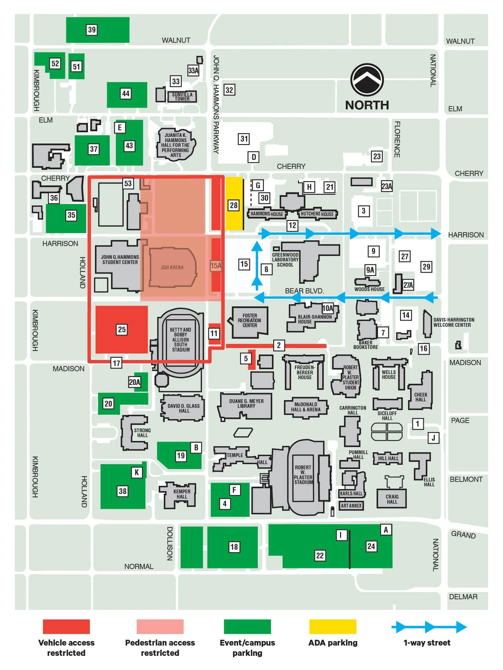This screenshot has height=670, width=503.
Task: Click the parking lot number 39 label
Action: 92,30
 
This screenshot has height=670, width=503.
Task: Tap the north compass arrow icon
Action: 367,80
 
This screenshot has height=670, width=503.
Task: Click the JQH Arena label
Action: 172,267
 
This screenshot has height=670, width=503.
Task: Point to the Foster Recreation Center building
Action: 249,322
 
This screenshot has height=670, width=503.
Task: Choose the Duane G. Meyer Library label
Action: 246,404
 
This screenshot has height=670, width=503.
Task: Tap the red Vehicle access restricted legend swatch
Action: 66,627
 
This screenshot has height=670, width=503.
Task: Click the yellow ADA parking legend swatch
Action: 333,627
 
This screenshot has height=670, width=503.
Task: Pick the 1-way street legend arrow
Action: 429,627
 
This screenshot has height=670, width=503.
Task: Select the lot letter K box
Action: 137,472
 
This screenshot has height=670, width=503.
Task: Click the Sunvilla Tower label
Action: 182,96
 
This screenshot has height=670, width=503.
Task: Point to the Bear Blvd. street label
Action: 304,291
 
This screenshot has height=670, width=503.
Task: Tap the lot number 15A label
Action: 216,266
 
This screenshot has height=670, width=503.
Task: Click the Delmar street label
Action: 463,597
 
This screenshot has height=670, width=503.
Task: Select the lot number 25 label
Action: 122,329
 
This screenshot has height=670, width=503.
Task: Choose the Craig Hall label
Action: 392,499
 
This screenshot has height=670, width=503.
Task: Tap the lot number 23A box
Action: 387,186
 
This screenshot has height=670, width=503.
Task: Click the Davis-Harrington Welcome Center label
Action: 453,322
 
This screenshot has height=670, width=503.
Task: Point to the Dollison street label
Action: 170,543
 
